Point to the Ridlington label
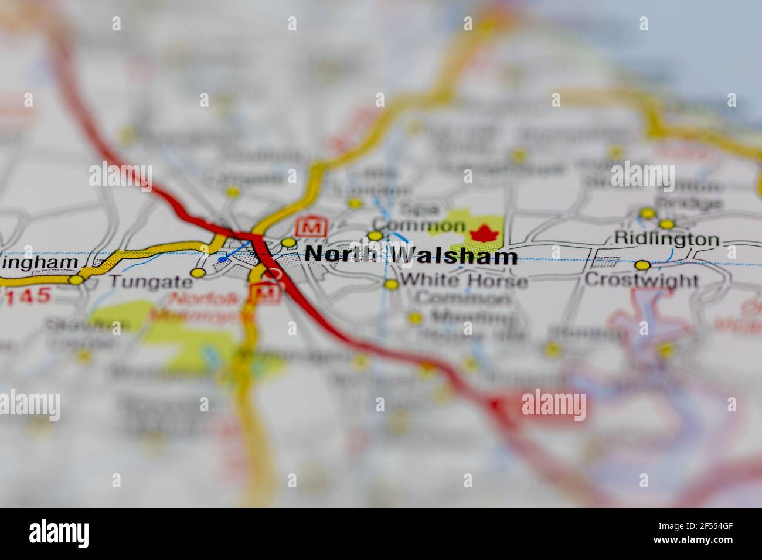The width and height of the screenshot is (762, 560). (x=666, y=239)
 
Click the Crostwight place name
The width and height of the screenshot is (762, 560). (x=641, y=280)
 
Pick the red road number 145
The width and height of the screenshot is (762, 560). (x=28, y=296)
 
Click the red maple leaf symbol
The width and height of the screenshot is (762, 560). (x=484, y=233)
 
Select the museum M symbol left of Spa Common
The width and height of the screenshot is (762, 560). (x=312, y=226)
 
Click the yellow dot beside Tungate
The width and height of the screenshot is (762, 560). (x=198, y=273)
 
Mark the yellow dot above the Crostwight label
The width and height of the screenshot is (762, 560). (x=643, y=265)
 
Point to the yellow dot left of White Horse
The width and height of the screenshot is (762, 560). (x=391, y=285)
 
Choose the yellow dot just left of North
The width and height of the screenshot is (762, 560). (x=288, y=243)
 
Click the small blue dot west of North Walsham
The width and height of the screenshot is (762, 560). (x=221, y=259)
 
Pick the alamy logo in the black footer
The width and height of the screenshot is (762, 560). (x=59, y=533)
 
